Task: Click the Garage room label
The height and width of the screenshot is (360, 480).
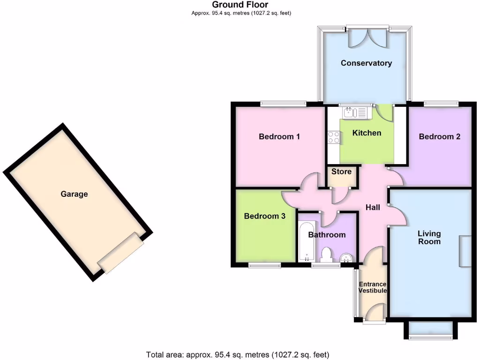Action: click(74, 194)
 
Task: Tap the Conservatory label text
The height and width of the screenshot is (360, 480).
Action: click(366, 63)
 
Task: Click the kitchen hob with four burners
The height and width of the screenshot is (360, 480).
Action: click(334, 137)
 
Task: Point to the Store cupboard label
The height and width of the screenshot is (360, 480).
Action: click(341, 172)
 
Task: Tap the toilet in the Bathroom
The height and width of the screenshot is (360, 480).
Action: click(327, 255)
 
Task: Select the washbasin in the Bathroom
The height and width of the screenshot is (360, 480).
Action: click(346, 257)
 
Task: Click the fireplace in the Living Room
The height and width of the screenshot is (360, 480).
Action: click(465, 251)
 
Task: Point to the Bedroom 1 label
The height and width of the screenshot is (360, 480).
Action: click(279, 137)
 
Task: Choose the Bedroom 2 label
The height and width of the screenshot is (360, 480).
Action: click(439, 137)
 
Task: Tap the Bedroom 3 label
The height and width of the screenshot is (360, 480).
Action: click(264, 216)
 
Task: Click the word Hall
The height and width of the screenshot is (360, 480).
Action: click(373, 207)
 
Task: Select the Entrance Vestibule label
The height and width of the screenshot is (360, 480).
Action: click(373, 287)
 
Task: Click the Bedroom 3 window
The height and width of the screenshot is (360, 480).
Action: click(264, 266)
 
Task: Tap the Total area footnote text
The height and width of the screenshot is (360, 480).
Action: click(238, 354)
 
